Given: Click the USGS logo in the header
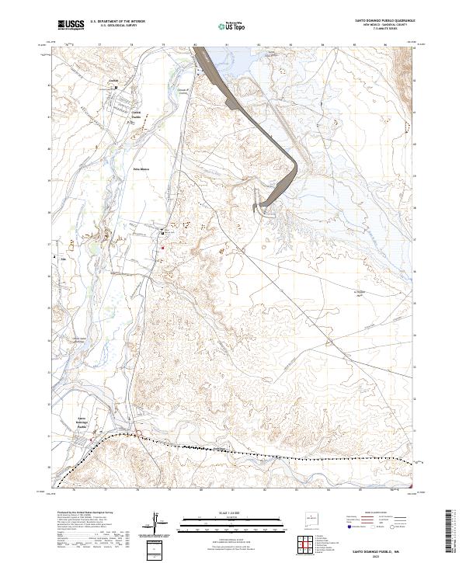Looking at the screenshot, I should click(x=71, y=25).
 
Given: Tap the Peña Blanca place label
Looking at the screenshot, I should click(x=141, y=169).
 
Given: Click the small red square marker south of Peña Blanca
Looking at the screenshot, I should click(x=162, y=248).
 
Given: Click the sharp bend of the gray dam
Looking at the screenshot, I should click(x=295, y=165).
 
